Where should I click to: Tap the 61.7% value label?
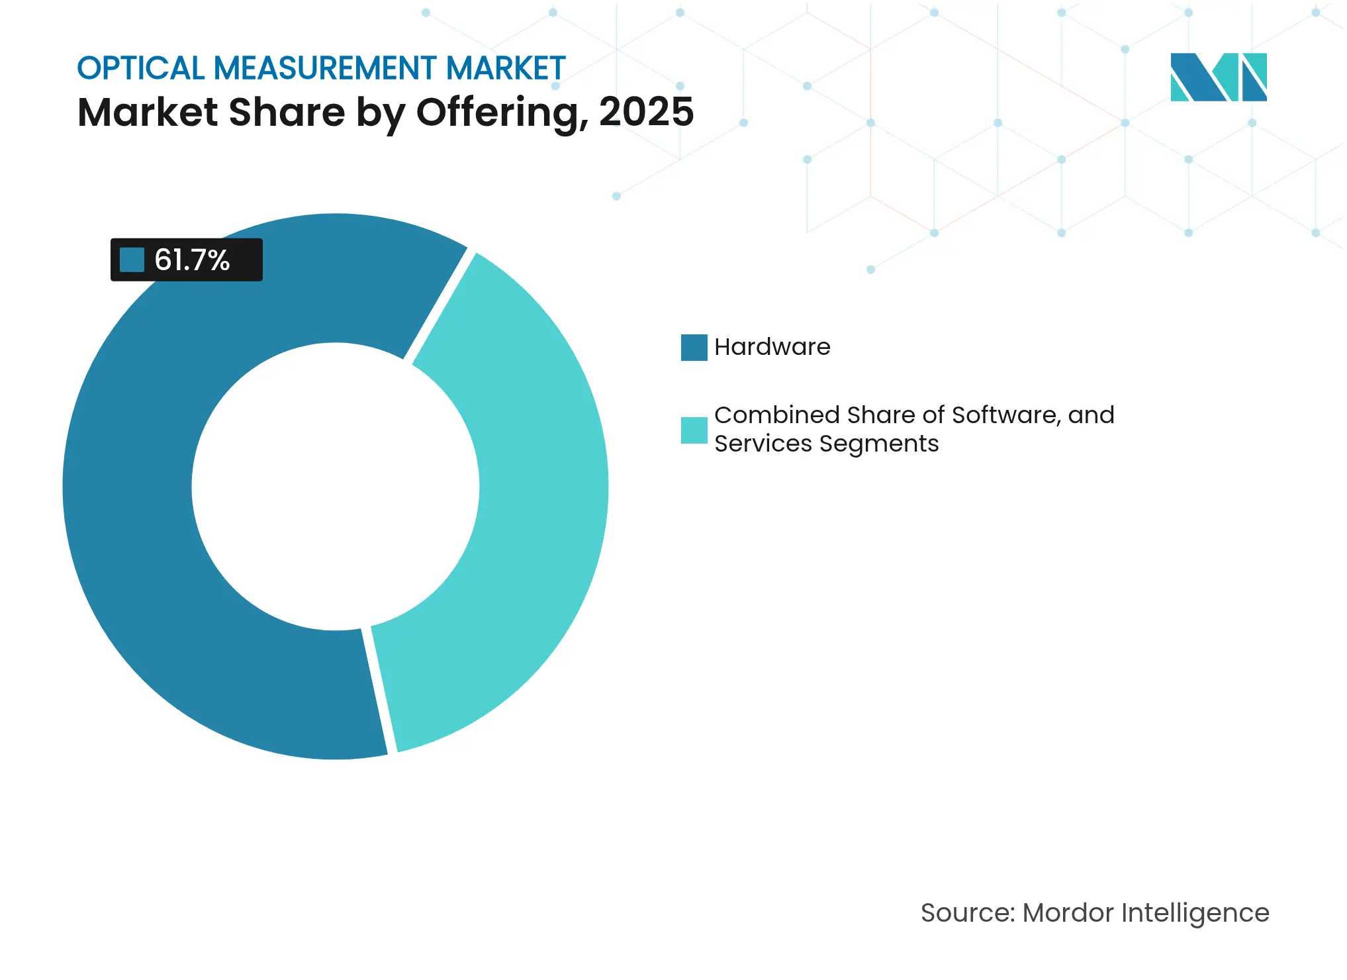click(x=192, y=260)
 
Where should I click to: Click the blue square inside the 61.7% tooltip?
click(x=132, y=260)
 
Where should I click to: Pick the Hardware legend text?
click(x=772, y=347)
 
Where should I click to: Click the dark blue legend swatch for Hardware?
click(x=694, y=348)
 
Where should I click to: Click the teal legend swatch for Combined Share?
click(x=694, y=430)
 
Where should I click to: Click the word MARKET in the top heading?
click(x=506, y=69)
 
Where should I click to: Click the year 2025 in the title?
click(x=646, y=112)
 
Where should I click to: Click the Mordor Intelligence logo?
click(x=1218, y=77)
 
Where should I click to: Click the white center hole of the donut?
click(x=336, y=487)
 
